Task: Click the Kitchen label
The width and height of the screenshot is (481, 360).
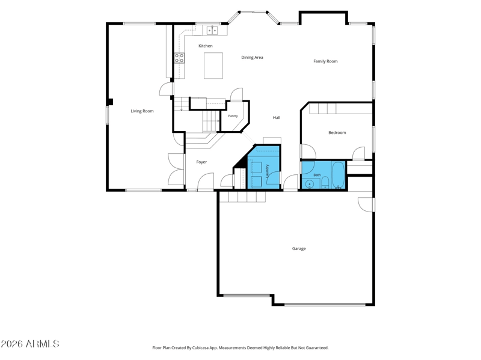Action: [x=206, y=46]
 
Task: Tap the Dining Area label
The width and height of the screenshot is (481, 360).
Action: [x=252, y=57]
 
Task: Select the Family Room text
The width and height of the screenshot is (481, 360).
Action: [x=325, y=61]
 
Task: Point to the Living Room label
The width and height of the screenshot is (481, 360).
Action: [x=142, y=111]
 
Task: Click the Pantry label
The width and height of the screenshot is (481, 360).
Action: [x=233, y=116]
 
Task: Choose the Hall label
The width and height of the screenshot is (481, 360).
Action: [x=277, y=117]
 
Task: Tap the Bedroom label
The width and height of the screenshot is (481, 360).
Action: [x=337, y=133]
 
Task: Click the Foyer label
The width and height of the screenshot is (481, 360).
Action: [x=201, y=162]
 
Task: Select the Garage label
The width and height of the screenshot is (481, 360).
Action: [x=299, y=249]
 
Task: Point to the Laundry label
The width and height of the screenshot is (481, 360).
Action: [x=267, y=171]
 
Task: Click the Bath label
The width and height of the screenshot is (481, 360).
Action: [x=317, y=175]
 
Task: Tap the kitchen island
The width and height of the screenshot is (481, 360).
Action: [x=213, y=66]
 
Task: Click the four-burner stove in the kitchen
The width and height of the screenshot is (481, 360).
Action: [x=179, y=58]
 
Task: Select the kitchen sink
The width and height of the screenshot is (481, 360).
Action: [x=212, y=31]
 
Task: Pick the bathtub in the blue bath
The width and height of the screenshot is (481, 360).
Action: [x=339, y=175]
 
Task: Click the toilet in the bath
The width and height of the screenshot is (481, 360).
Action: [x=325, y=183]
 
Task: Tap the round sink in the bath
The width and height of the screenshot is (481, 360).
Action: [x=310, y=185]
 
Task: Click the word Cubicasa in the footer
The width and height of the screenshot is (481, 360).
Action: [x=201, y=348]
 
